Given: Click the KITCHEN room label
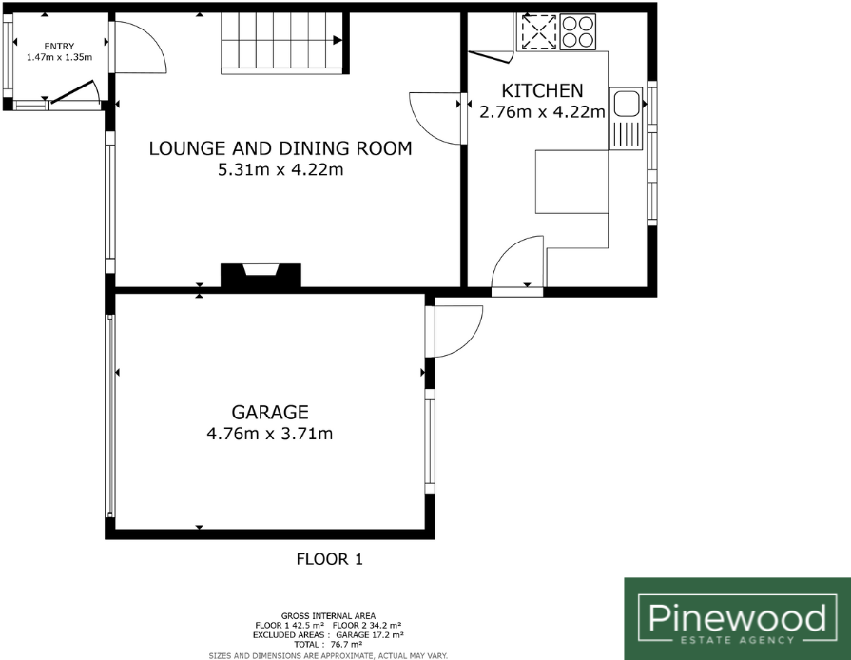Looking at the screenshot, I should (x=542, y=91).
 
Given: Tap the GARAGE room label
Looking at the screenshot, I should (x=270, y=412).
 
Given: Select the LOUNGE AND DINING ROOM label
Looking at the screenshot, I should (x=280, y=148).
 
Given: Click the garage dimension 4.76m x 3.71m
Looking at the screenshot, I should (x=270, y=435).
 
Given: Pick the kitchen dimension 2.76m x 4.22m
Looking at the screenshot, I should (x=542, y=112).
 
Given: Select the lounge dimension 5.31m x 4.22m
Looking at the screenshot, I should (x=280, y=171).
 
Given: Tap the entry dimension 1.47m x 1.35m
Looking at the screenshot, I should (x=59, y=58).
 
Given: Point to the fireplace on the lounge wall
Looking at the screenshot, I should (x=261, y=275).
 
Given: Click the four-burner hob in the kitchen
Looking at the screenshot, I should (x=577, y=34).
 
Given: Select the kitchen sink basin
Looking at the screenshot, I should (x=627, y=102).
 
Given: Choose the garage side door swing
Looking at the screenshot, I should (x=455, y=330).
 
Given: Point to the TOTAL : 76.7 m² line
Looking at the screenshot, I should (x=328, y=645).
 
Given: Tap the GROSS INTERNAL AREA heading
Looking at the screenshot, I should (x=328, y=616).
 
